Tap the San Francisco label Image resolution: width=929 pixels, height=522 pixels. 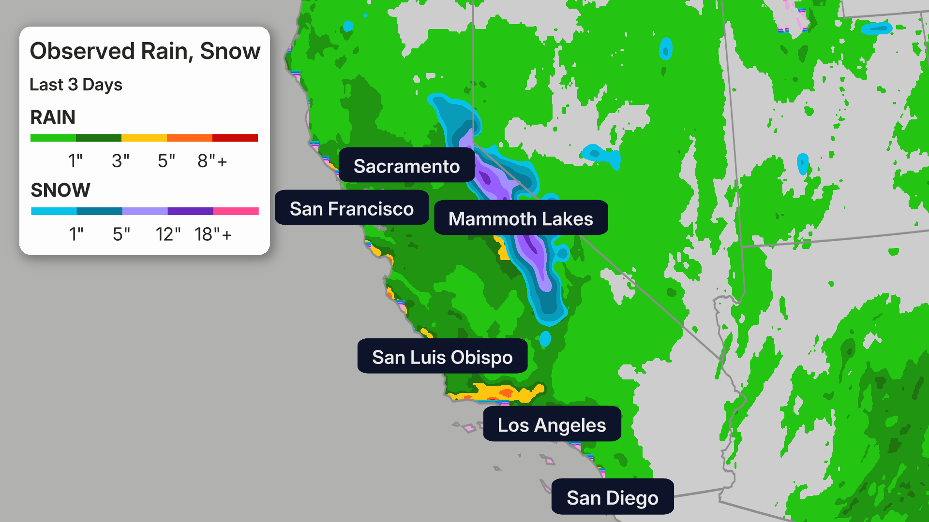point(352,208)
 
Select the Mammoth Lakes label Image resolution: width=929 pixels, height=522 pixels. point(521,218)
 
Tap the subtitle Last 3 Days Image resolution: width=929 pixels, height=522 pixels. point(76,85)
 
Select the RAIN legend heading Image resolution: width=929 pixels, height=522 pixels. point(53,117)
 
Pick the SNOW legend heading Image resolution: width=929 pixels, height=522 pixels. point(60,190)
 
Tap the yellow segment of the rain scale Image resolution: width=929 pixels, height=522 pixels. point(144,138)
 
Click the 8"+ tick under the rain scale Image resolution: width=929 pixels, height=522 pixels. point(212,161)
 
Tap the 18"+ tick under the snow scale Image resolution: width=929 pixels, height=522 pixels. point(213,234)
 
